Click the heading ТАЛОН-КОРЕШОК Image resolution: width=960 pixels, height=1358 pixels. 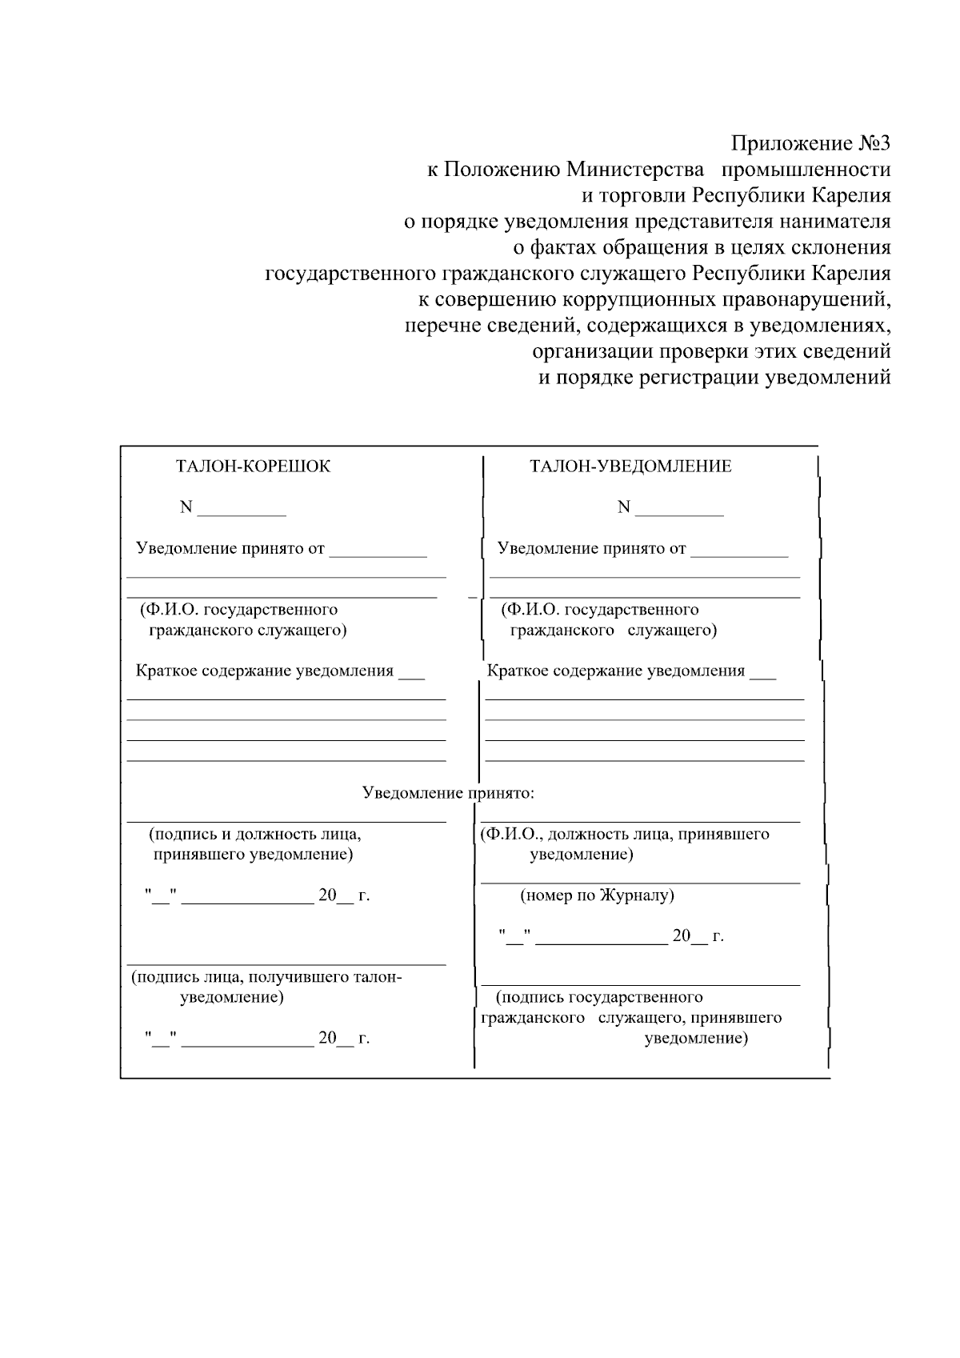coord(253,467)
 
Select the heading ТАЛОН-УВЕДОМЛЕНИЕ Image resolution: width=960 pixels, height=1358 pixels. coord(630,467)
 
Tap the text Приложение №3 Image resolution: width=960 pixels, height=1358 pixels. coord(810,144)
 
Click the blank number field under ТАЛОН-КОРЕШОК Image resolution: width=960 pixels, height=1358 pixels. coord(242,510)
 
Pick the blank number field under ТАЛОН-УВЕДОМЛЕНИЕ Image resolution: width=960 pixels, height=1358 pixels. coord(679,510)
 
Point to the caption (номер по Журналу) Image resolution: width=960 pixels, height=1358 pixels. coord(597,895)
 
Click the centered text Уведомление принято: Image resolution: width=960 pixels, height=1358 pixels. coord(448,793)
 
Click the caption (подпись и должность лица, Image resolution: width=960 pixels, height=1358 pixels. coord(255,834)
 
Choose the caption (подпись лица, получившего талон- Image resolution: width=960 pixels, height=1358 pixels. coord(266,977)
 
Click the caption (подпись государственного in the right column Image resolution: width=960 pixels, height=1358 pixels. coord(599,997)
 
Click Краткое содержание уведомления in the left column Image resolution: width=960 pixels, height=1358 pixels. coord(265,671)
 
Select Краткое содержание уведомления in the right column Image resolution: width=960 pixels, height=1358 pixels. coord(616,671)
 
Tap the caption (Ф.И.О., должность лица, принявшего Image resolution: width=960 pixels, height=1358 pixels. coord(624,834)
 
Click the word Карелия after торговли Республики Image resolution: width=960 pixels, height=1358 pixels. coord(851,195)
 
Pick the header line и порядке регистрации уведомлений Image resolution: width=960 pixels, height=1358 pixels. coord(714,378)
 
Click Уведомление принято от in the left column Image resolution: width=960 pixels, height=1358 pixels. coord(230,549)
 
